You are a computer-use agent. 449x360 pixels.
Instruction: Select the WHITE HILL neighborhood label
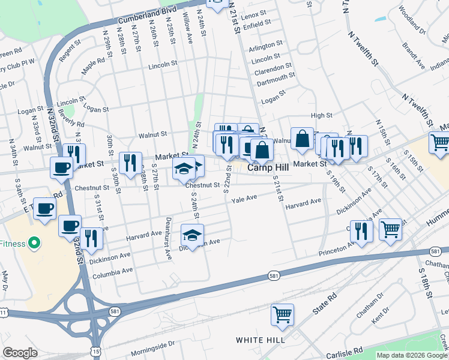pos(260,340)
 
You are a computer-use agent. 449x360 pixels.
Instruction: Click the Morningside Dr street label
pos(152,346)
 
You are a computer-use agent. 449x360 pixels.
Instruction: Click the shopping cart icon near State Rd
pos(283,313)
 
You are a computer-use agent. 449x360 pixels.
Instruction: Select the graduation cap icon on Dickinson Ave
pos(192,235)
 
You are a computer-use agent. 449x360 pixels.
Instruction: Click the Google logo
pos(20,353)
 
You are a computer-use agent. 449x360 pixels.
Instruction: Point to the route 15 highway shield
pos(95,350)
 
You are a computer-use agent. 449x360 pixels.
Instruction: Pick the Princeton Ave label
pos(337,247)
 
